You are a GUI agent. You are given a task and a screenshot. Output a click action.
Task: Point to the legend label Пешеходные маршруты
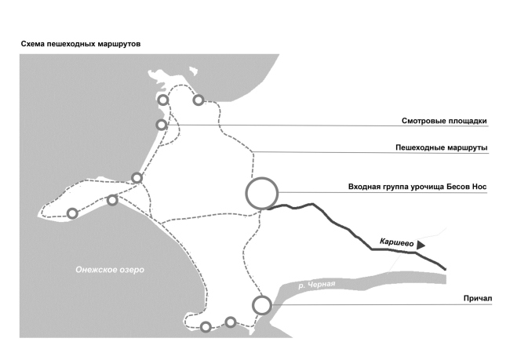(439, 147)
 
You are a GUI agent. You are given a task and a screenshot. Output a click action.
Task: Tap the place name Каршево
(396, 242)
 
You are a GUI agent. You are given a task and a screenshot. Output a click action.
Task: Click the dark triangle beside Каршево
(421, 245)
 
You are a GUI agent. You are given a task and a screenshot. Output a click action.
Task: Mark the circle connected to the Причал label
(262, 304)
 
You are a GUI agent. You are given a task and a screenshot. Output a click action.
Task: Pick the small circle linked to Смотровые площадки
(162, 125)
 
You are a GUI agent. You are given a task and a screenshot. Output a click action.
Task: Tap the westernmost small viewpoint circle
(72, 213)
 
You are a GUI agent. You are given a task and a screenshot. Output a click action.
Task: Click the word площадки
(464, 122)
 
